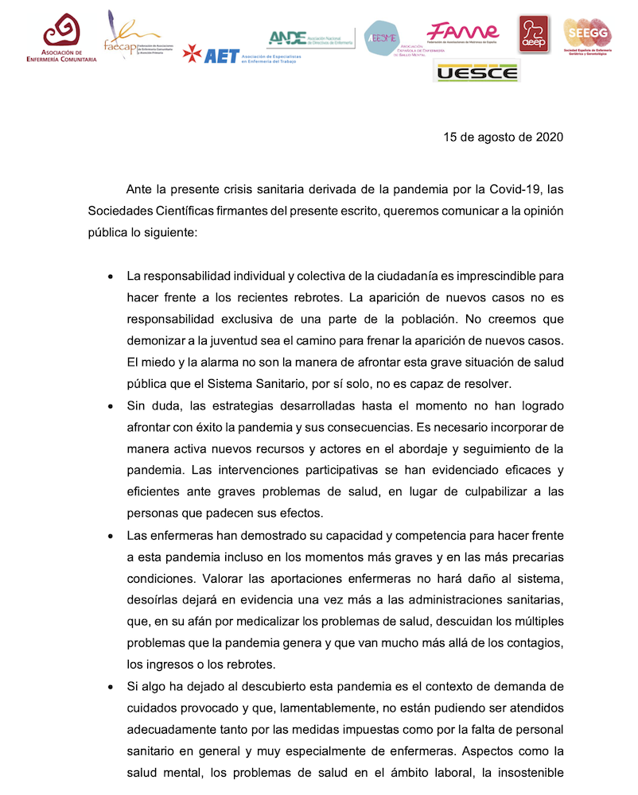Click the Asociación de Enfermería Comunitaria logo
point(61,39)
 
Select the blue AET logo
point(211,55)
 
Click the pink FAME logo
point(462,32)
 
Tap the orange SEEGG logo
point(587,37)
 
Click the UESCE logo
point(476,73)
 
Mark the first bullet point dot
point(109,277)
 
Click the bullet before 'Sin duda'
point(109,406)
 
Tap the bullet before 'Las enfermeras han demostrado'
point(109,535)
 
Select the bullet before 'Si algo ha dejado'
point(109,686)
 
